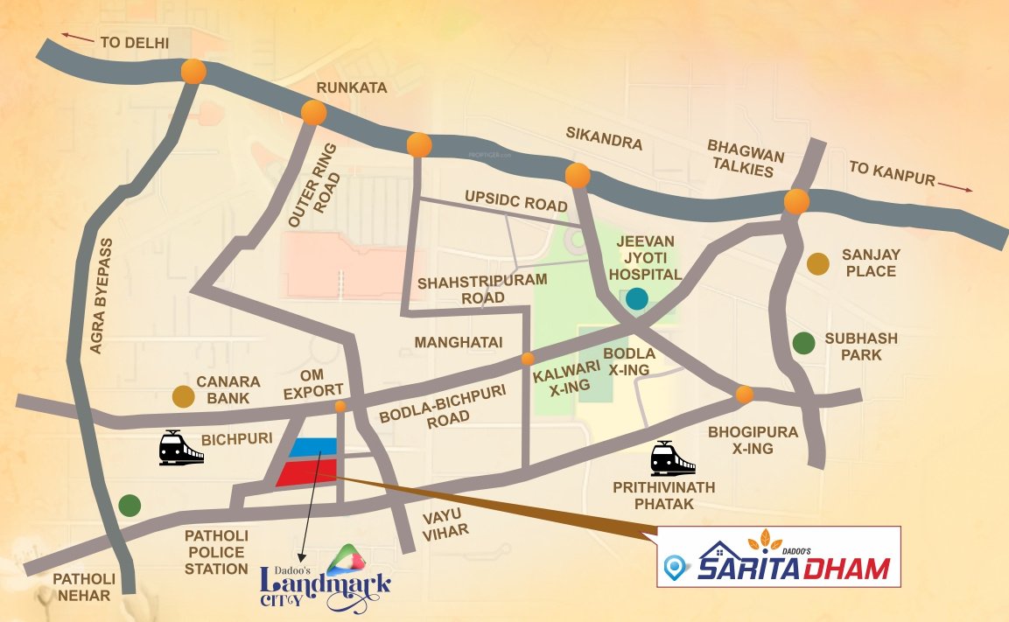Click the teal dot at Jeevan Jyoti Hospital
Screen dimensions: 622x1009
click(x=637, y=299)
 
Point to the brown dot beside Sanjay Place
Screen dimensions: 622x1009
click(x=817, y=263)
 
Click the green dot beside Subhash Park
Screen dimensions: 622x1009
click(x=803, y=344)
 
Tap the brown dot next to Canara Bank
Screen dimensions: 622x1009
click(x=183, y=397)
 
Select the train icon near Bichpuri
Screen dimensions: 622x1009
click(x=181, y=448)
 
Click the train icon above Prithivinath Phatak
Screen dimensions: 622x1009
click(x=672, y=458)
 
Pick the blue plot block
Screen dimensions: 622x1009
click(x=313, y=447)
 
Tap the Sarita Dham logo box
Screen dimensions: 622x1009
click(x=778, y=557)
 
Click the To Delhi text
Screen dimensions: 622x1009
click(x=134, y=42)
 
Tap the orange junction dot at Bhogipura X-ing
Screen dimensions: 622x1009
click(x=744, y=395)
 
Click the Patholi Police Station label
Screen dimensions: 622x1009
click(x=216, y=552)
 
